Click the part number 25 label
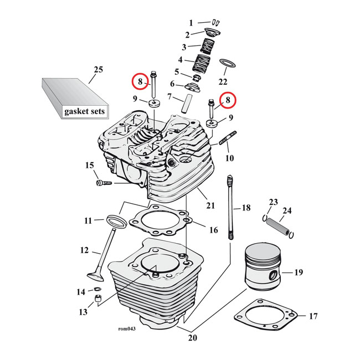tap(98, 70)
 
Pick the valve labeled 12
tap(102, 260)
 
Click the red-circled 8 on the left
tap(141, 81)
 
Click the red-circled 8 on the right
tap(227, 100)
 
